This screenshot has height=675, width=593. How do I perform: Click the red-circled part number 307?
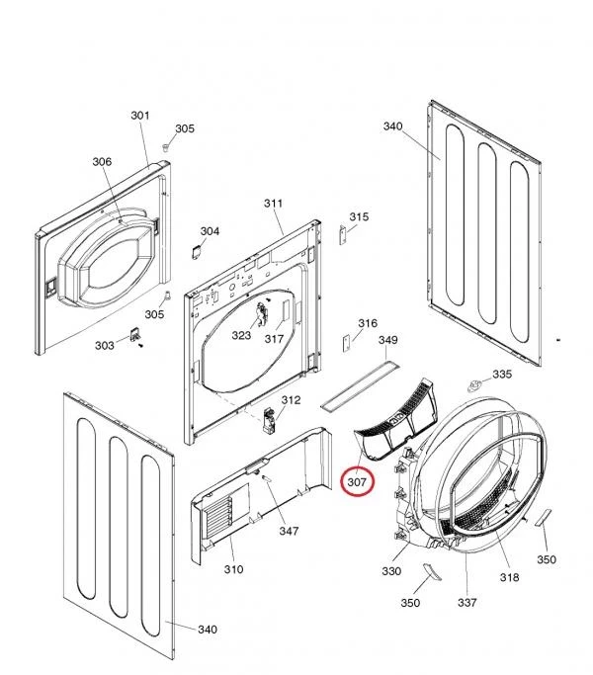(357, 482)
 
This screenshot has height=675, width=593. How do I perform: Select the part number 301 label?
(140, 116)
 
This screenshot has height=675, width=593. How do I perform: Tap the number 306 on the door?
(102, 161)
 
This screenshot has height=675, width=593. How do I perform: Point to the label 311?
(273, 203)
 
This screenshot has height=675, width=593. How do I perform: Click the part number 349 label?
(387, 340)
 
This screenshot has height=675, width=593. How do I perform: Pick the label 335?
(502, 375)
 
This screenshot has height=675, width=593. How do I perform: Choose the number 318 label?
(509, 577)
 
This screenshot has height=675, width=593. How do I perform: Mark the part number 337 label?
(466, 602)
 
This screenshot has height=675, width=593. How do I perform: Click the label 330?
(391, 571)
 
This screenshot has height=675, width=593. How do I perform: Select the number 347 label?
(289, 532)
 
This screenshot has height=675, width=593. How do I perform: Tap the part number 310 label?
(233, 569)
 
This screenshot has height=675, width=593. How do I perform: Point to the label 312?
(291, 400)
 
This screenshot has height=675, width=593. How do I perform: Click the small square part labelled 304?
(196, 252)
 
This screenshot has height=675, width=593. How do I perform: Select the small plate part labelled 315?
(343, 235)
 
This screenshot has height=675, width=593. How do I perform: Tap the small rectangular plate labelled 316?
(345, 344)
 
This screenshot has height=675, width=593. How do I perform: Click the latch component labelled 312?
(269, 421)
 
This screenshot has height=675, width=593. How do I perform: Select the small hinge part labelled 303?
(135, 335)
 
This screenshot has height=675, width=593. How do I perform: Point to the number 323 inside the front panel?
(241, 335)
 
